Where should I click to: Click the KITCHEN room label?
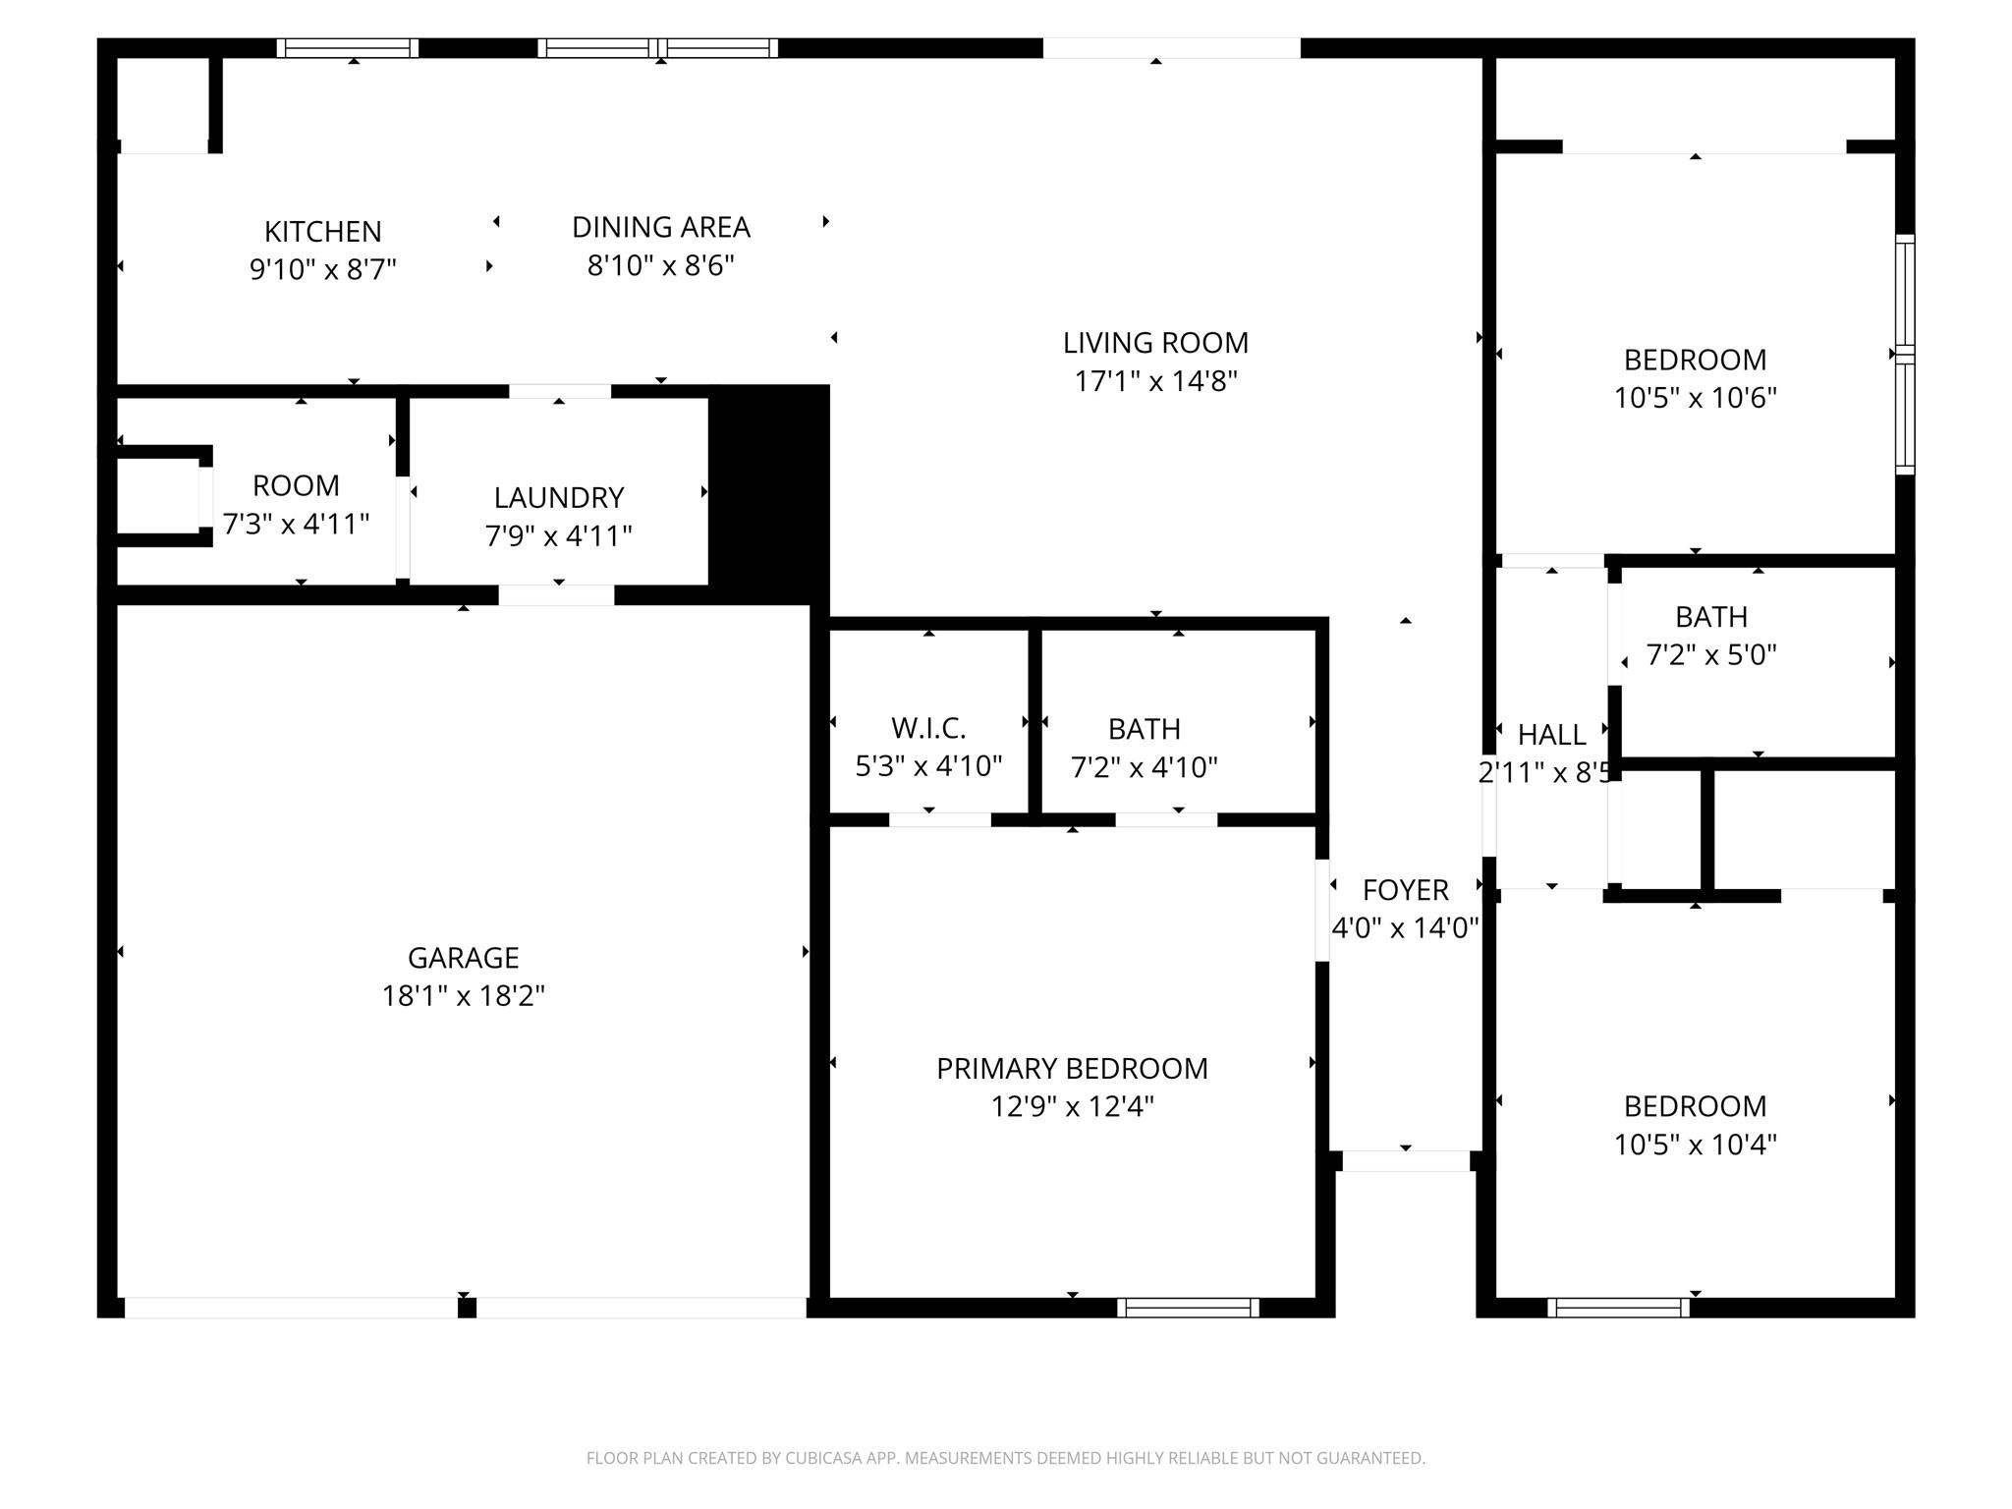tap(322, 232)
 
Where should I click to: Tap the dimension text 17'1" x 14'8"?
tap(1155, 381)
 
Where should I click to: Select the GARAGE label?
tap(463, 957)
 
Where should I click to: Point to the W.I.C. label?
tap(928, 728)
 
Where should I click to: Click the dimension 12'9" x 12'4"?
tap(1072, 1106)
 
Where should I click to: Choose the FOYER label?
tap(1405, 890)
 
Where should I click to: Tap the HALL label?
tap(1551, 735)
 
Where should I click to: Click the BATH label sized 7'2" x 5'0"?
tap(1710, 617)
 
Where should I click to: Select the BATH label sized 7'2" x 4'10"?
tap(1144, 729)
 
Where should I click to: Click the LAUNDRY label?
tap(558, 498)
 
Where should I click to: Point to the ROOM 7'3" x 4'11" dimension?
tap(296, 524)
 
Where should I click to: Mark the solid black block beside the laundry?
tap(769, 491)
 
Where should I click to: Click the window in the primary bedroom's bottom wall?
tap(1188, 1307)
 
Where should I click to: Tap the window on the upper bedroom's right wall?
tap(1904, 354)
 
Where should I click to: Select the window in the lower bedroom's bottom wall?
tap(1618, 1307)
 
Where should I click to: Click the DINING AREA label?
tap(660, 228)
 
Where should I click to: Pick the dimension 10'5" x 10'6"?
tap(1695, 398)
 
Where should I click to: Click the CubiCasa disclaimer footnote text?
tap(1005, 1458)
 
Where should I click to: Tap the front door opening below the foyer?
tap(1405, 1161)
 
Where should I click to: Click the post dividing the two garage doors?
tap(468, 1308)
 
